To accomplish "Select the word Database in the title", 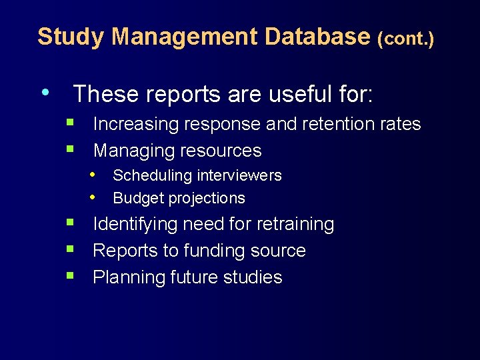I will (317, 37).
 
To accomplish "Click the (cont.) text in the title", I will (405, 39).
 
